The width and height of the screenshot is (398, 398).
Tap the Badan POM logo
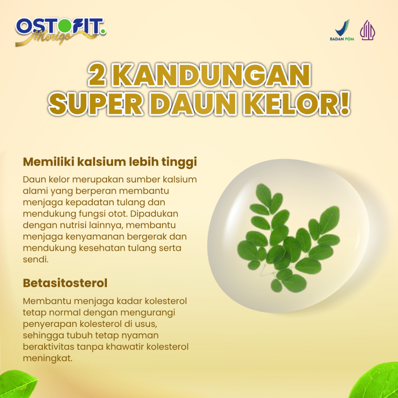point(342,30)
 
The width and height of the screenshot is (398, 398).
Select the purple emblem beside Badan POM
point(368,30)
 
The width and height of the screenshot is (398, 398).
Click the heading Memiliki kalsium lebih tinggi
point(110,162)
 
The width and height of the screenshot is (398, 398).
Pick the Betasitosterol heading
point(65,283)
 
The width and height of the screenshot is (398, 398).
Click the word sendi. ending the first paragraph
point(35,259)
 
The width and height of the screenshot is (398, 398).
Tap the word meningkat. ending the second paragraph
point(48,358)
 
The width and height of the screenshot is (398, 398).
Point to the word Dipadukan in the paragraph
point(154,214)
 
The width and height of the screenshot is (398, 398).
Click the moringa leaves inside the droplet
point(288,238)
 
